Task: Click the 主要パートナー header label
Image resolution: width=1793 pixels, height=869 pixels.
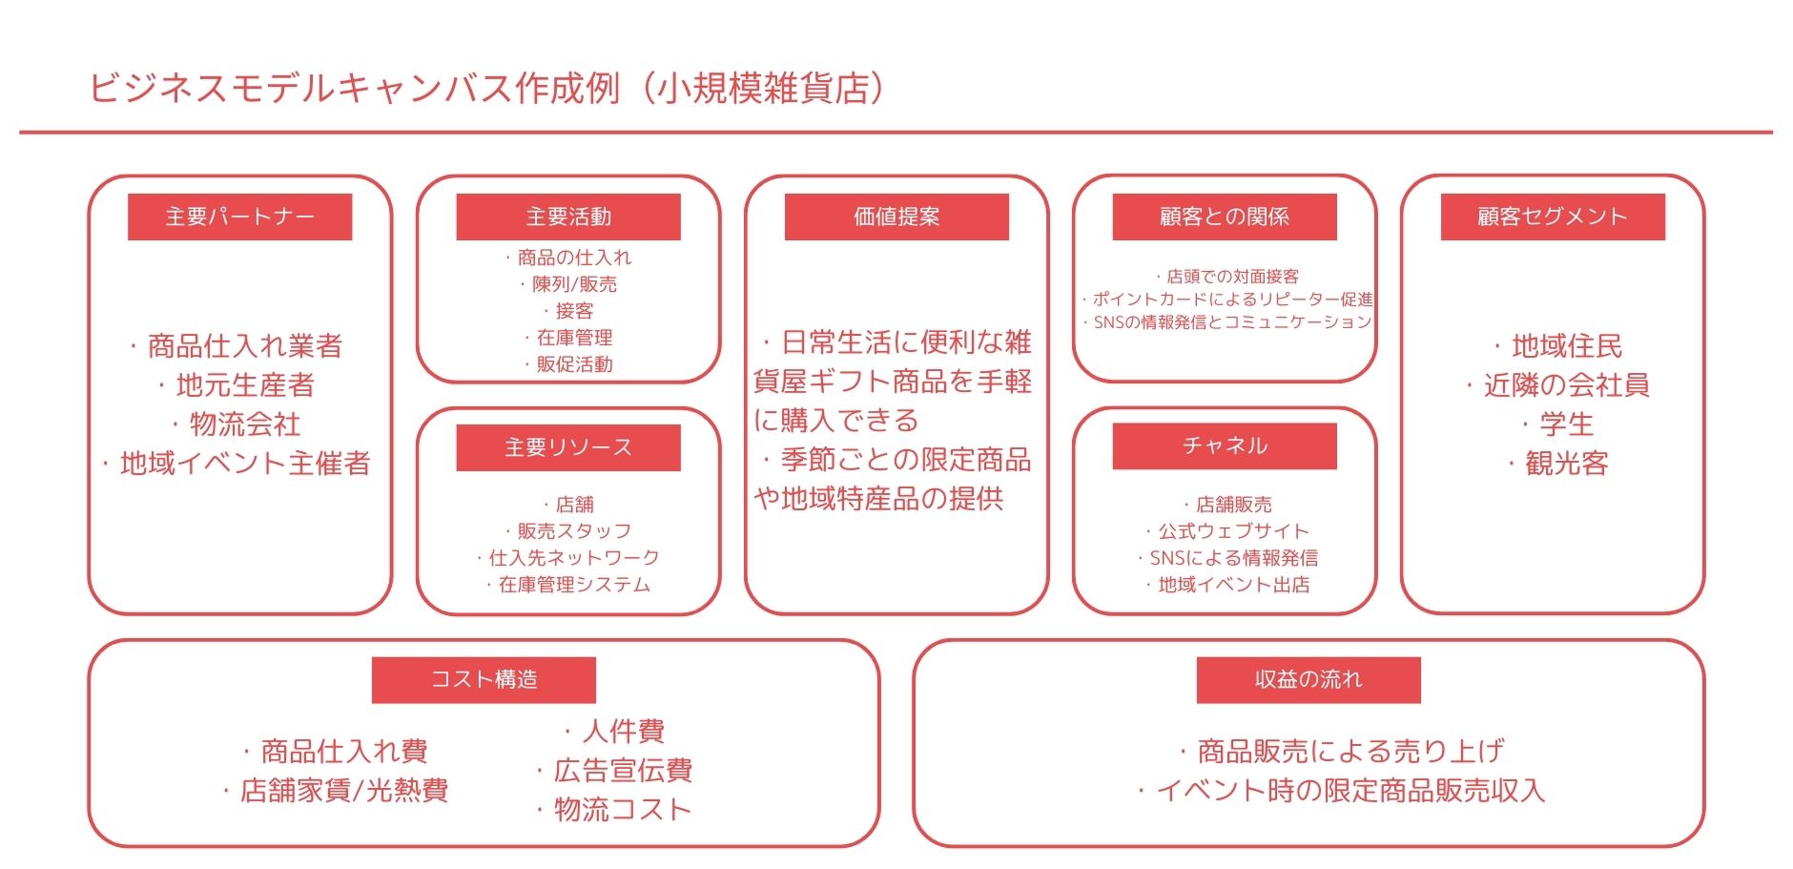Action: [239, 217]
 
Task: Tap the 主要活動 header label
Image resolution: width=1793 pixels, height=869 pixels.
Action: [568, 217]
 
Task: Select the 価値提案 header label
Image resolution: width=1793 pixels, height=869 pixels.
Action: [896, 217]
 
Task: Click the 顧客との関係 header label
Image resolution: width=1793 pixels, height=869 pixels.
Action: [1225, 217]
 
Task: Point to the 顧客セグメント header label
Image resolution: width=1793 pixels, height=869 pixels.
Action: [1553, 217]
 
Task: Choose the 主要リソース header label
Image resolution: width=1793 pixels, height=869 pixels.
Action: [568, 447]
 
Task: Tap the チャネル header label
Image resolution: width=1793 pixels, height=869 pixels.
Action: [1225, 445]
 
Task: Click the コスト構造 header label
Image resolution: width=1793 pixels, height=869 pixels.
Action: [484, 679]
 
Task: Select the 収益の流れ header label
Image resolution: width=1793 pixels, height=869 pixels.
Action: [1309, 679]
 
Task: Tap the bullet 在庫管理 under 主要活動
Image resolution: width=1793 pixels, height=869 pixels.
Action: [568, 338]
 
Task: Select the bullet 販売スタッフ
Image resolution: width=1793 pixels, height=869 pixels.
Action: [568, 531]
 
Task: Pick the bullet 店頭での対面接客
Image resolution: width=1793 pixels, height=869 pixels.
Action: [1227, 277]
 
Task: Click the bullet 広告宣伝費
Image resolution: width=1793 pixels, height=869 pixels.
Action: [614, 770]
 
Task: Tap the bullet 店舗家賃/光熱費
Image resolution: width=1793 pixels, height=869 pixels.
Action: [336, 790]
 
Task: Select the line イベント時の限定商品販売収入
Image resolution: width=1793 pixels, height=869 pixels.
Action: [1342, 790]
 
